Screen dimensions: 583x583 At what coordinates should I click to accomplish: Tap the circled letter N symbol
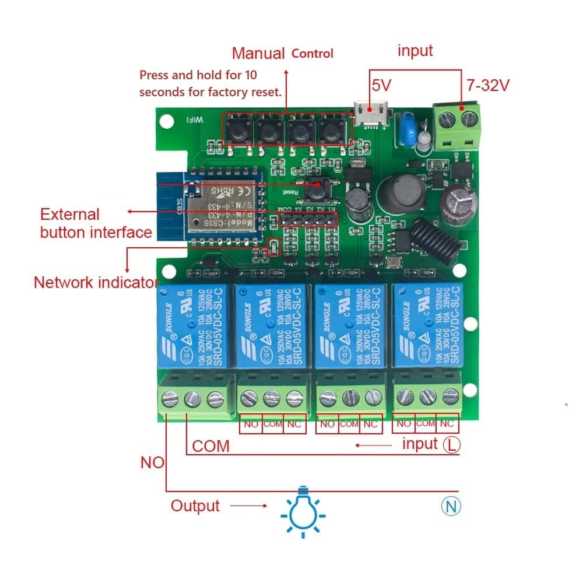[451, 506]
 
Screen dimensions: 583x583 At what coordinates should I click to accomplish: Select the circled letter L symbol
[451, 445]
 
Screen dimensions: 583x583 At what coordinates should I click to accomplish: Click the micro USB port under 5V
[369, 114]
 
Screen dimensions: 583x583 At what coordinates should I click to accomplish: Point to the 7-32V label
[488, 85]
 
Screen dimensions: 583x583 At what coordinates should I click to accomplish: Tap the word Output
[195, 505]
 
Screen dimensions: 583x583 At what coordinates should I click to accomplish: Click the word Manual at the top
[258, 53]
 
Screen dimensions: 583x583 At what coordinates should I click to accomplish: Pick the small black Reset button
[318, 188]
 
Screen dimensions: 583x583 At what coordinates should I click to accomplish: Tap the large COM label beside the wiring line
[210, 447]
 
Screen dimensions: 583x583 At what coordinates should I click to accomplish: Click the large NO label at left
[152, 462]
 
